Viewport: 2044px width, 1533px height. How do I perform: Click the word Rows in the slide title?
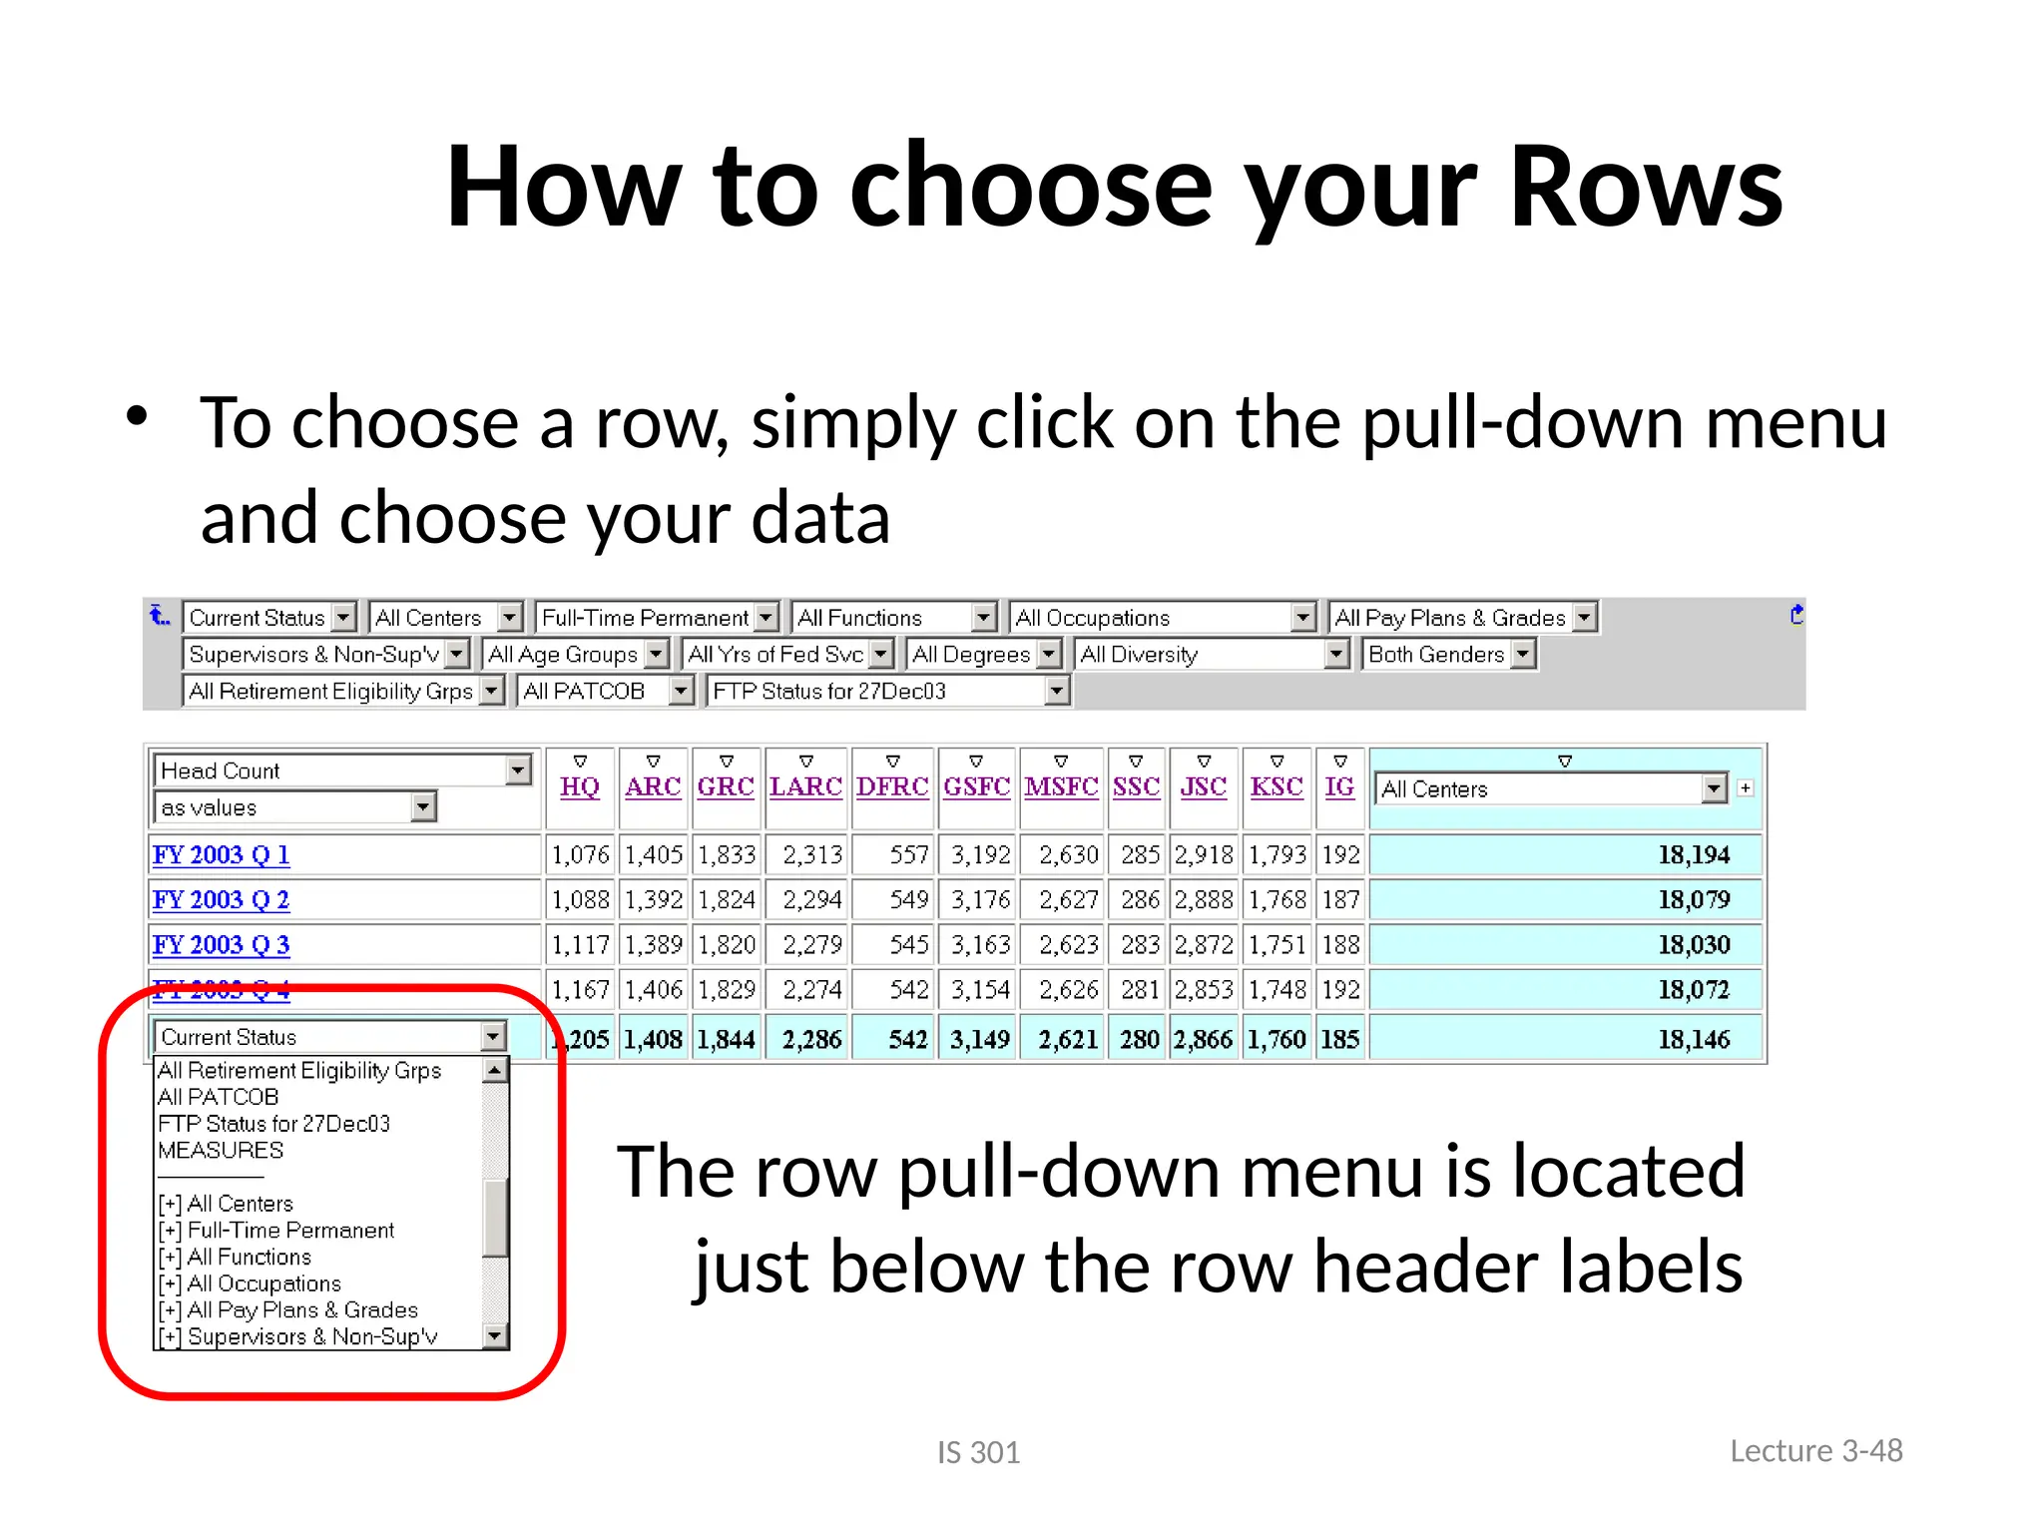click(x=1645, y=188)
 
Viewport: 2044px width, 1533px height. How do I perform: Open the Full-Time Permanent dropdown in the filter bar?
click(x=658, y=618)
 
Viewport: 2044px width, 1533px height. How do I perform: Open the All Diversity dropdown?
click(x=1214, y=655)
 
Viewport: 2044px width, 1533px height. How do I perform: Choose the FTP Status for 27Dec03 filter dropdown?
click(x=887, y=691)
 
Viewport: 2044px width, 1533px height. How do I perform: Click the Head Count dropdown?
click(x=343, y=770)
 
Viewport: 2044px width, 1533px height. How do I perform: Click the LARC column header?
click(x=805, y=786)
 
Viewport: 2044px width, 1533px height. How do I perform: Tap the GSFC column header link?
click(x=976, y=786)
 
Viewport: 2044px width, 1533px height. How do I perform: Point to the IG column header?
click(x=1339, y=786)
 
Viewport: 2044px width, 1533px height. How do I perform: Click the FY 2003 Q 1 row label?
click(x=221, y=855)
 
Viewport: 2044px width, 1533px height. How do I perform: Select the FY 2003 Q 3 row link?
click(x=221, y=945)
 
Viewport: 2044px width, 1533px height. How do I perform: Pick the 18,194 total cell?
click(x=1694, y=855)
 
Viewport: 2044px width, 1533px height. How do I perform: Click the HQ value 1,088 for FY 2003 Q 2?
click(x=580, y=900)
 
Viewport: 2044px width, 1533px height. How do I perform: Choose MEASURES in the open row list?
click(x=221, y=1151)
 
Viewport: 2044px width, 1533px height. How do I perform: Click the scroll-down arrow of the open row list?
click(x=495, y=1335)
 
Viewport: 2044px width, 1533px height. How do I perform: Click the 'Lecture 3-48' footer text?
click(x=1815, y=1451)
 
